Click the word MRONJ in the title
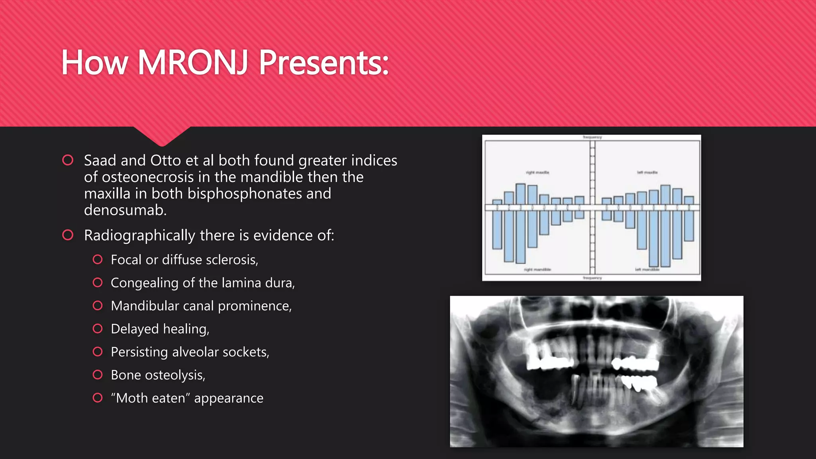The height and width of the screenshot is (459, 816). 193,63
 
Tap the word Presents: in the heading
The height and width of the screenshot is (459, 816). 324,63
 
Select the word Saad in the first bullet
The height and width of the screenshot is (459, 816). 100,161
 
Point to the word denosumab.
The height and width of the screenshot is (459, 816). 125,210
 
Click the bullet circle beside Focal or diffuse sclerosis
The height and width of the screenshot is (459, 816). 98,260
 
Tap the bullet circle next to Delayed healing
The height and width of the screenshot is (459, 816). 98,329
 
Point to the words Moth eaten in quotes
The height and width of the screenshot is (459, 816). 151,398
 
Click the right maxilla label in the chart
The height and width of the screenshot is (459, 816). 537,173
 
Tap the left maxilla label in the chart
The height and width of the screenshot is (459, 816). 647,173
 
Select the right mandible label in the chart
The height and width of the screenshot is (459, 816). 537,270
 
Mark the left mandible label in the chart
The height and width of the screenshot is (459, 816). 647,270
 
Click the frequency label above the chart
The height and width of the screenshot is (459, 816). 592,137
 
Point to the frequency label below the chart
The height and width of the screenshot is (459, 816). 592,278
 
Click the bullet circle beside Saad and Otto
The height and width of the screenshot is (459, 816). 68,160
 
